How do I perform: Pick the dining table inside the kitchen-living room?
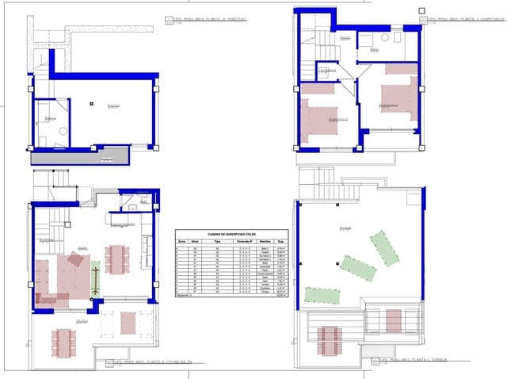118,258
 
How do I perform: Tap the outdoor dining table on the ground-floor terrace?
63,342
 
